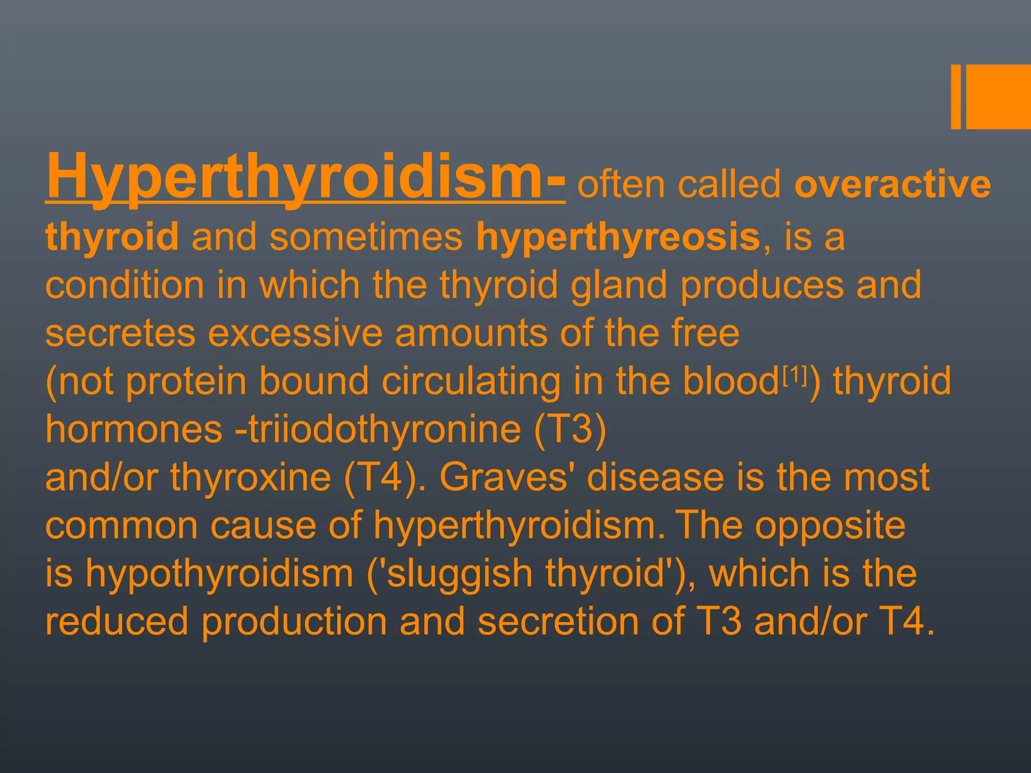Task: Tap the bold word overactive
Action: point(892,185)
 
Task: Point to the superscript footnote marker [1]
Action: point(795,373)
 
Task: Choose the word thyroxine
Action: point(251,477)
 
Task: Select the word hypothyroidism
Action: point(219,574)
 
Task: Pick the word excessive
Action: point(296,333)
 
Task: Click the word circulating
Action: point(471,381)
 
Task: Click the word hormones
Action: point(133,429)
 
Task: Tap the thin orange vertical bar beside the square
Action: point(955,97)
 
